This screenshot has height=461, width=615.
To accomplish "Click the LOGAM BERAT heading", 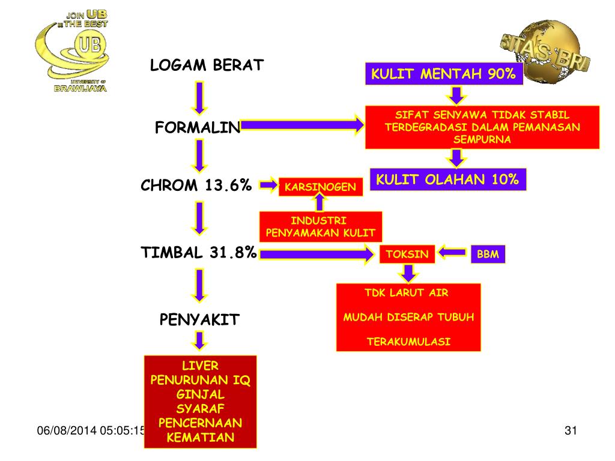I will coord(207,65).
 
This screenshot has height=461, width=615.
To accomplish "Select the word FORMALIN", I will coord(198,128).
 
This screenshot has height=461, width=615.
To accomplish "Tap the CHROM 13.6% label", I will coord(196,186).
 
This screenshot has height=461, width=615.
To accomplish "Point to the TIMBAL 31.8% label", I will coord(199,253).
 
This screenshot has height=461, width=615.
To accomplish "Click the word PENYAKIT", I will coord(199,319).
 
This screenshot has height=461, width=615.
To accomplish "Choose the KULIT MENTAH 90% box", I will coord(443,74).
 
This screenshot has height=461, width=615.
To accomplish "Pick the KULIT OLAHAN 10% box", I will coord(447,179).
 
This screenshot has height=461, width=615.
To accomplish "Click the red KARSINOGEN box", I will coord(321,187).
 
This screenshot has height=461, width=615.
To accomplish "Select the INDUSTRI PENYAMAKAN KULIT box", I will coord(321,227).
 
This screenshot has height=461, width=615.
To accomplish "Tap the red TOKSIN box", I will coord(407,255).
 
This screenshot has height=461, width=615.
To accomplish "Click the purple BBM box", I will coord(488,255).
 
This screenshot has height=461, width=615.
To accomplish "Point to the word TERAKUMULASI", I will coord(408,342).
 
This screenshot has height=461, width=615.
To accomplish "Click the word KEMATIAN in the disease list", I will coord(200,437).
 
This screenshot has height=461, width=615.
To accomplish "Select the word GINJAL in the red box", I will coord(200,394).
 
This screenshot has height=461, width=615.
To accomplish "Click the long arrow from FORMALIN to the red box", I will coord(303,125).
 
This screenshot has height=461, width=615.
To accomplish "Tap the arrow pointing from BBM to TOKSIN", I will coord(452,253).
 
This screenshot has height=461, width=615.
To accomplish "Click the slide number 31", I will coord(571,430).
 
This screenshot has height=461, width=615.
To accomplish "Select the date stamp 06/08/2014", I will coord(66,430).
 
